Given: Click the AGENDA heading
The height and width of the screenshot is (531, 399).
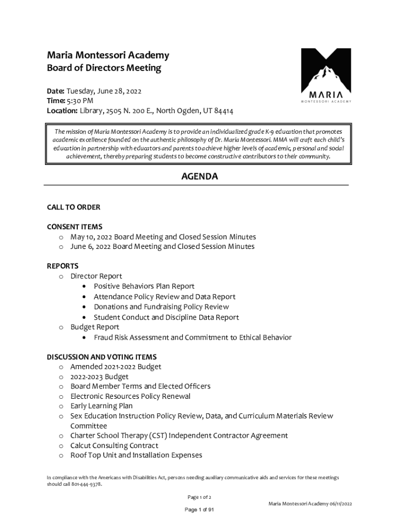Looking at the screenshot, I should coord(199,177).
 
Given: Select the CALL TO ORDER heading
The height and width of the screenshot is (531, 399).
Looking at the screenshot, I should coord(74,207).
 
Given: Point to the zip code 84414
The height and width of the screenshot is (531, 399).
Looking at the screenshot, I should coord(223,110).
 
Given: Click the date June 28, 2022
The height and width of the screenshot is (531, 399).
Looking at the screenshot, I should coord(118,91).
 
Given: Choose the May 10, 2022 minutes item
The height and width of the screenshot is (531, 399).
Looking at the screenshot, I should coord(163,237).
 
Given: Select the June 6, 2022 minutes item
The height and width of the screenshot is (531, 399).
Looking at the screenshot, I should coord(162,247).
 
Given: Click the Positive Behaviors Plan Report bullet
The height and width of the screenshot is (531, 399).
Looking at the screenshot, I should coord(144,286).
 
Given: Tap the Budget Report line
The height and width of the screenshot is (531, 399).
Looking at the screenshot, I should coord(95,327).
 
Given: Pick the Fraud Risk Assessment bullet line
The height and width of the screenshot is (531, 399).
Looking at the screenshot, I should coord(192,338).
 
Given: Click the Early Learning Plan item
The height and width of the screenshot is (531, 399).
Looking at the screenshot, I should coord(102,406).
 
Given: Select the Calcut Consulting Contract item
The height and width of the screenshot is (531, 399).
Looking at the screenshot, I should coord(115,445).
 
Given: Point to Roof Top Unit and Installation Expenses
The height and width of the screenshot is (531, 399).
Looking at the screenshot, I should coord(136,455).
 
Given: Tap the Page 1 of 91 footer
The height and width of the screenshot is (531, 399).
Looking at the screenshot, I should coord(199,510).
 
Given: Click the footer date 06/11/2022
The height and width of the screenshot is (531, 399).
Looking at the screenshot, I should coord(340,504).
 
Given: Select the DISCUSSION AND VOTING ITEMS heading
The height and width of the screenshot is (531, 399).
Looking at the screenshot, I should coord(102,357).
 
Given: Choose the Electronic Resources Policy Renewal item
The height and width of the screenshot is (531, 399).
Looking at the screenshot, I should coord(131,396).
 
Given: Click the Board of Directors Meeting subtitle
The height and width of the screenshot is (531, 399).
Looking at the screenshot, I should coord(104,68).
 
